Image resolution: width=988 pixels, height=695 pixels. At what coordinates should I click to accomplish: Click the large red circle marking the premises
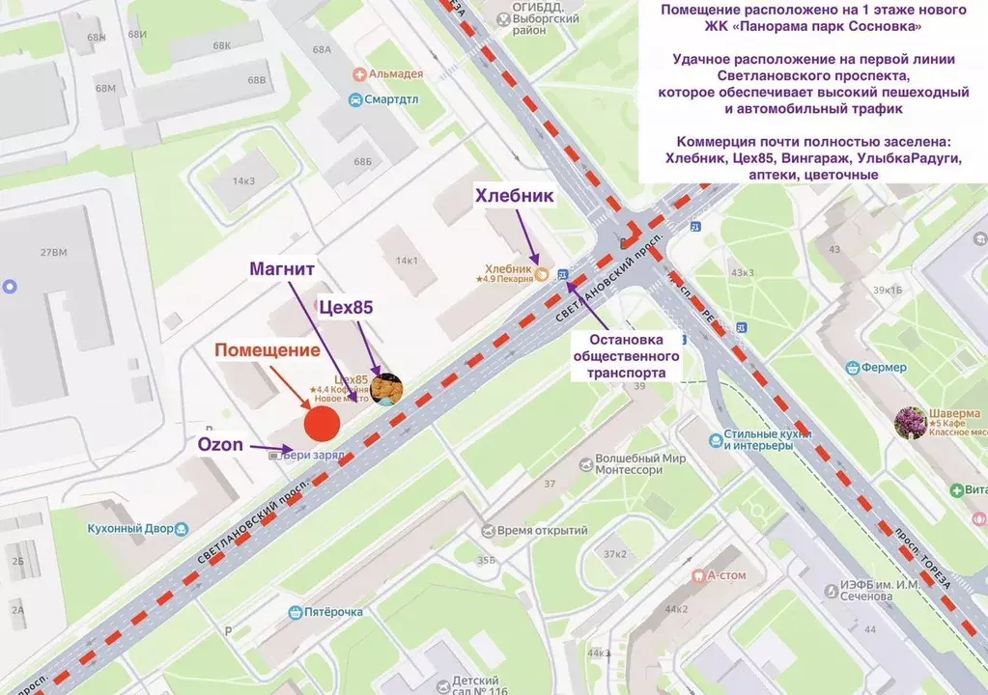point(322,423)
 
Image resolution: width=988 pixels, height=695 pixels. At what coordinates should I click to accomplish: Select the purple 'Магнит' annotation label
point(284,267)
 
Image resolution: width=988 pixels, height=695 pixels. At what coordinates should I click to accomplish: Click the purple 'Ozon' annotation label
point(220,444)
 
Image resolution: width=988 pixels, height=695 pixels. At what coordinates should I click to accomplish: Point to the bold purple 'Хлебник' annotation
point(514,196)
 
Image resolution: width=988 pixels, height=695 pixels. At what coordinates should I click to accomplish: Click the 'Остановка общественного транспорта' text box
point(635,356)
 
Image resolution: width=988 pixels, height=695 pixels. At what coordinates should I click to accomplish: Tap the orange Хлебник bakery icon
point(542,274)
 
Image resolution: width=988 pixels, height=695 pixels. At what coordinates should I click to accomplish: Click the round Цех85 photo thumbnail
point(386,389)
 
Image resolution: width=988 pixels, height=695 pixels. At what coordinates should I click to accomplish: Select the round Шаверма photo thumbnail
point(909,422)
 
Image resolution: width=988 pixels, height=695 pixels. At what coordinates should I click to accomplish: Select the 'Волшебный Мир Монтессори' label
point(628,464)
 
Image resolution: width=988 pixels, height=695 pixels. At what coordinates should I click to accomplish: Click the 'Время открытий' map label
point(543,530)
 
